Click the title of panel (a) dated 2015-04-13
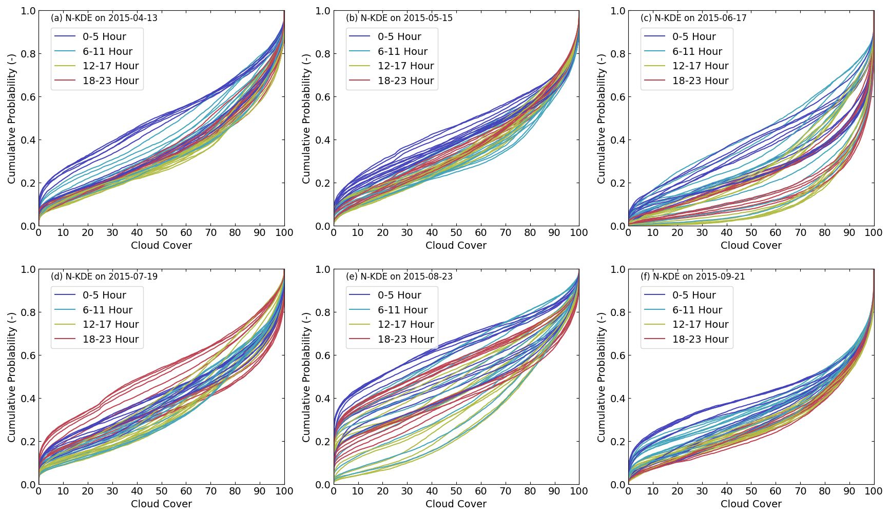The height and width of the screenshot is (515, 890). (104, 18)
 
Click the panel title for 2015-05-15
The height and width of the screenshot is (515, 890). (399, 18)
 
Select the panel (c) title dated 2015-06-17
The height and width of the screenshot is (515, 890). (693, 18)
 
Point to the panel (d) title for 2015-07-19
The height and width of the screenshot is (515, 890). (104, 276)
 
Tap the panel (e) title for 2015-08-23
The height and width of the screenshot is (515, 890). (399, 276)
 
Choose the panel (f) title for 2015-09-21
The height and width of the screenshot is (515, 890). (693, 276)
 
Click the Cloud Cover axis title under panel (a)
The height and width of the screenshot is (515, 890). (161, 245)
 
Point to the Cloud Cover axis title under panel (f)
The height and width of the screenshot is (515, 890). (751, 504)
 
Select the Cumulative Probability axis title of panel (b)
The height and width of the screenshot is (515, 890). (306, 118)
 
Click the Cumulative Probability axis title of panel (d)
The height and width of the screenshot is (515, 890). (12, 377)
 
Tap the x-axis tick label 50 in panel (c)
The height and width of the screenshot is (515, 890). (751, 232)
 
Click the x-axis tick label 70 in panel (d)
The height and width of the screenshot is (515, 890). (210, 491)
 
